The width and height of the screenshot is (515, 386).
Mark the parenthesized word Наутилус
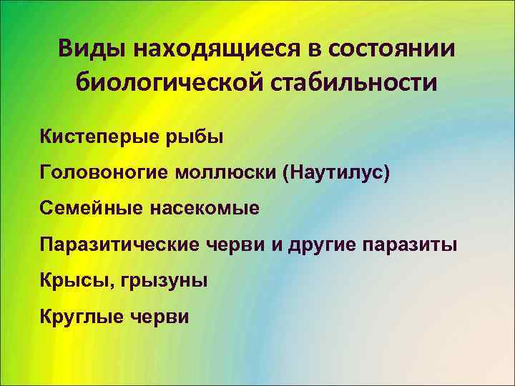(x=338, y=172)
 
